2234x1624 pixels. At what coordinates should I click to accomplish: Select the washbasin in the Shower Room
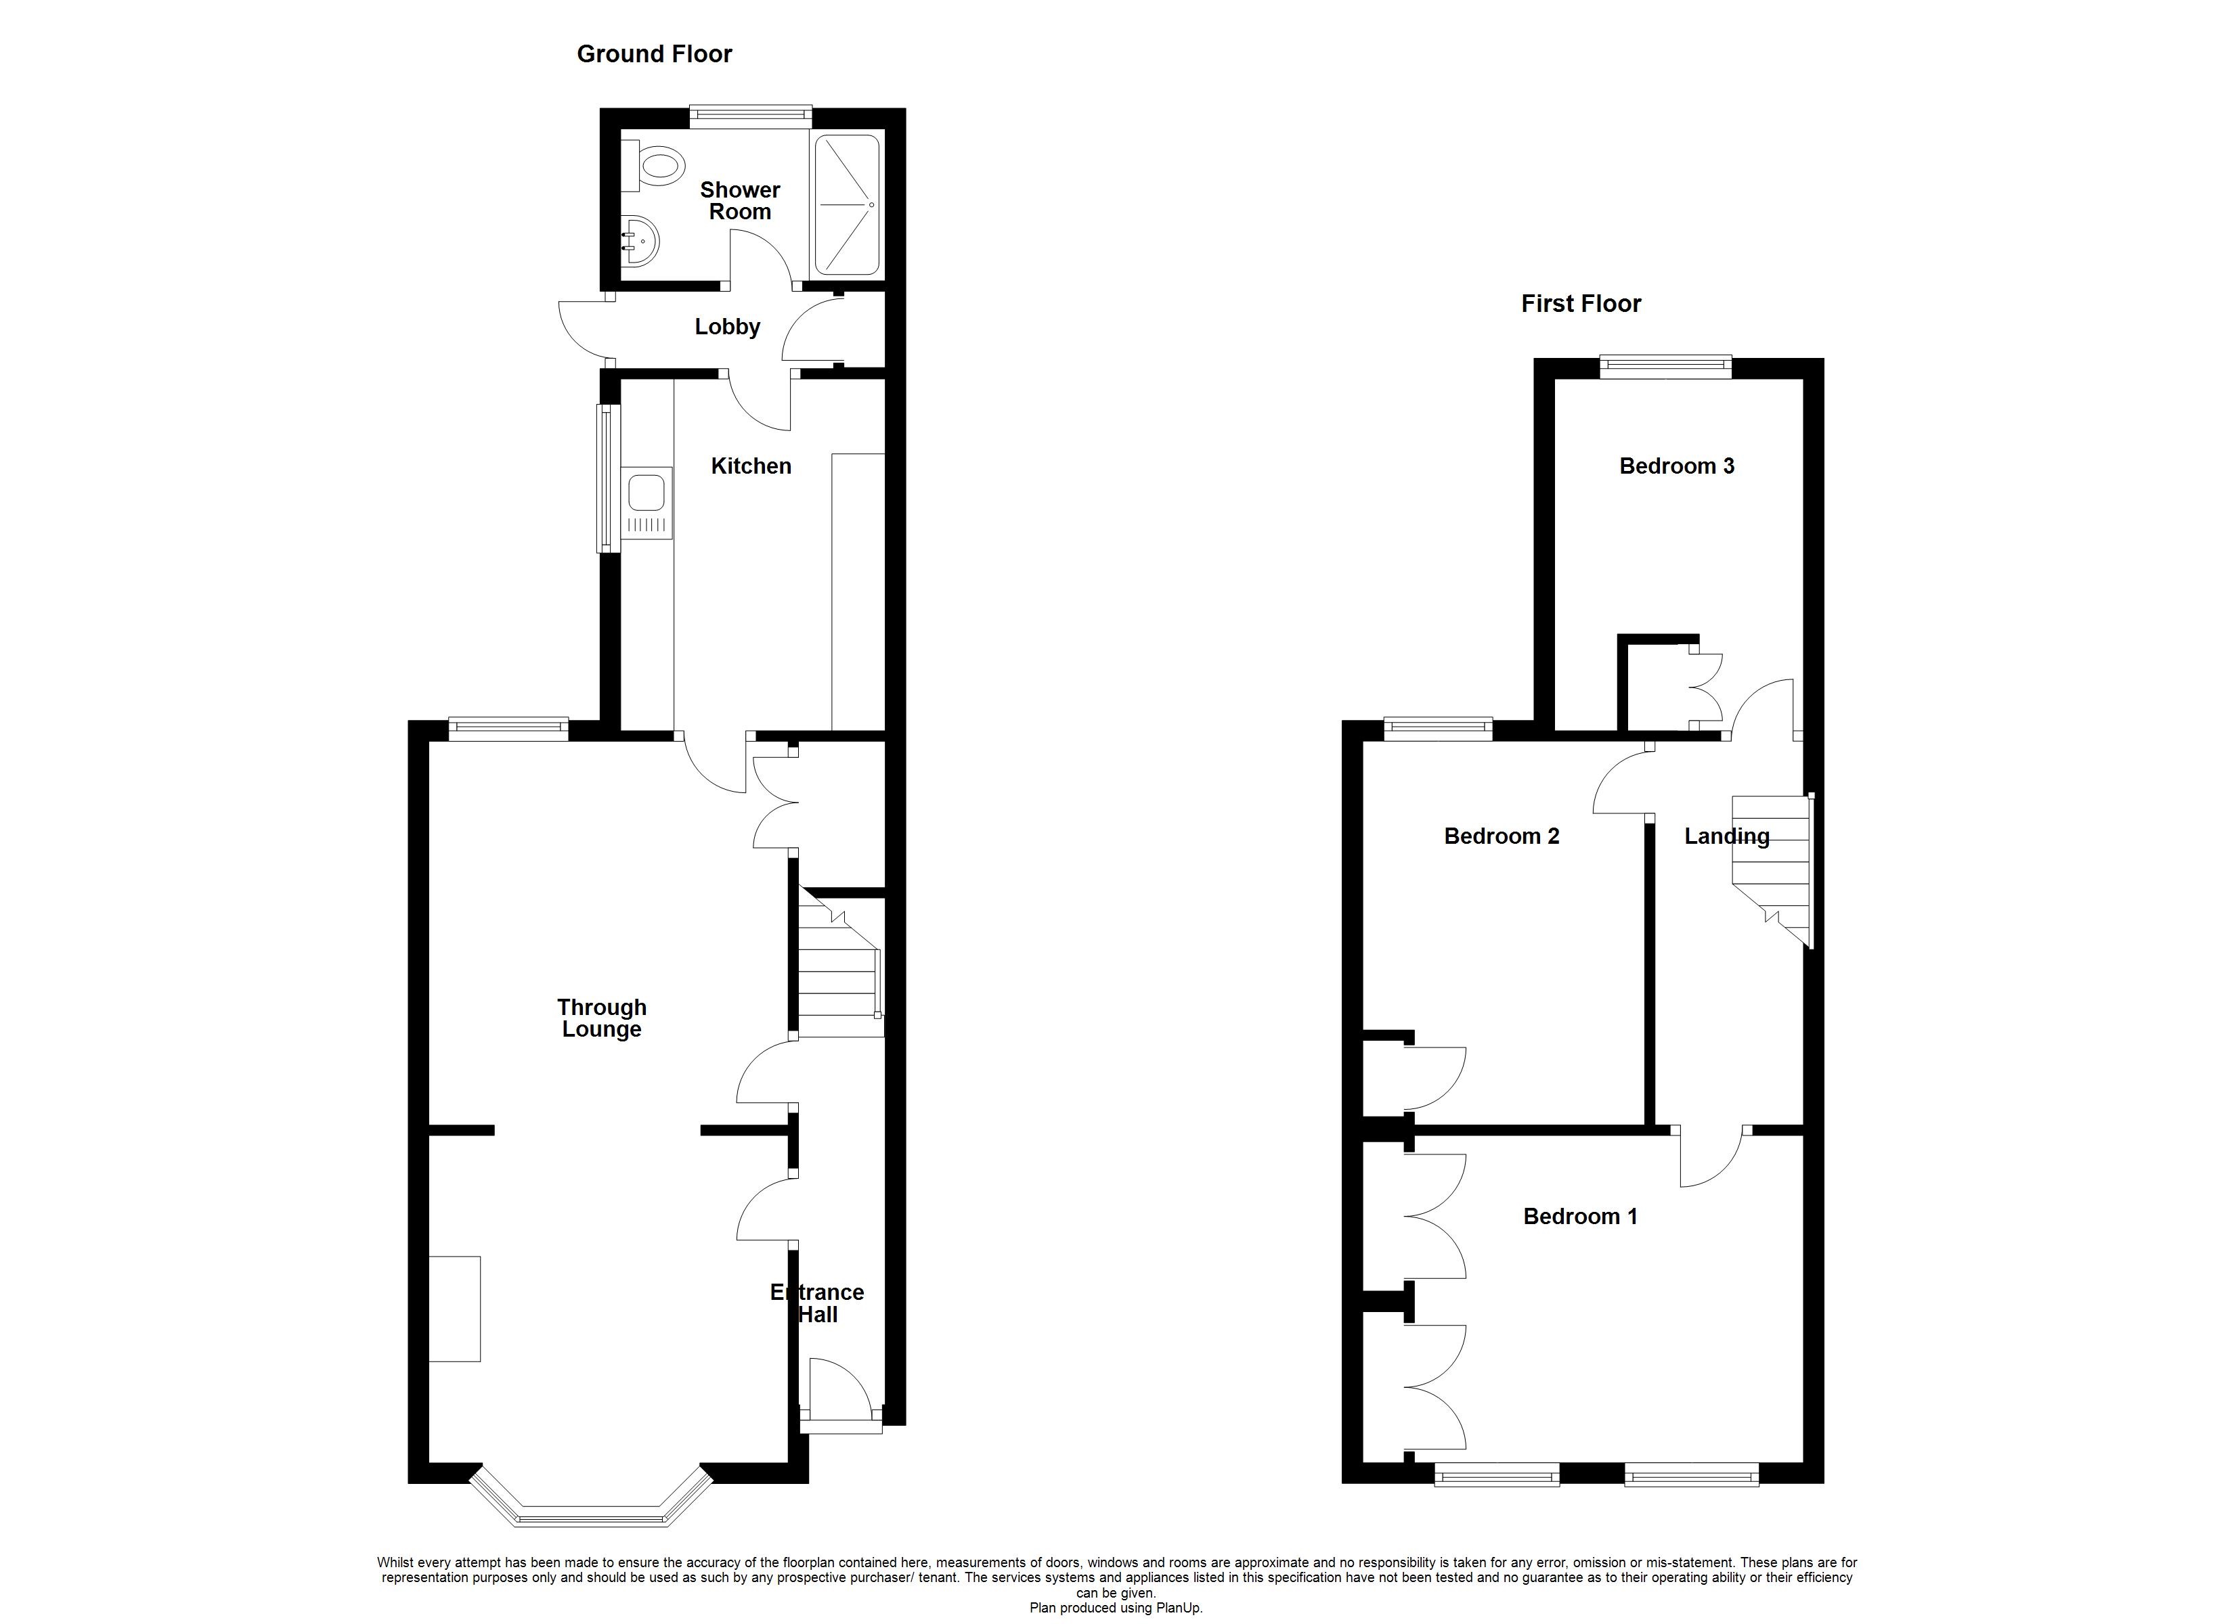pos(640,240)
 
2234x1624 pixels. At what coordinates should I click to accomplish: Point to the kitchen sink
pos(647,502)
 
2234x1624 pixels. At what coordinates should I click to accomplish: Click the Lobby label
pos(727,327)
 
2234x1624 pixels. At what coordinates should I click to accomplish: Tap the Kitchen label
pos(751,466)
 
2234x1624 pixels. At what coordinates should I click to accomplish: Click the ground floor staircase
pos(838,970)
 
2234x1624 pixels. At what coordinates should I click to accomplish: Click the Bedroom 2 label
pos(1500,836)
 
